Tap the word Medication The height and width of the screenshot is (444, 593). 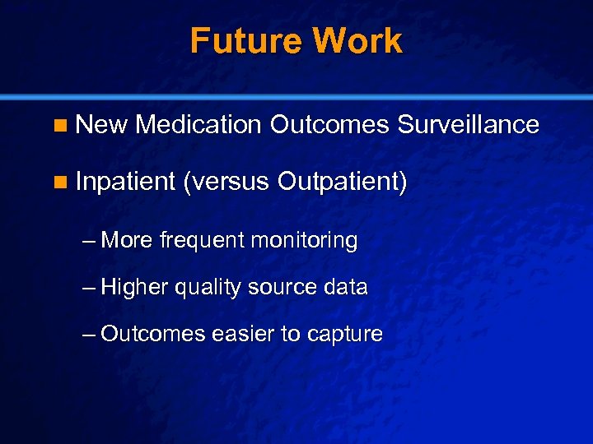coord(198,125)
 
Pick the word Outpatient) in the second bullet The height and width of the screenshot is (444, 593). coord(343,182)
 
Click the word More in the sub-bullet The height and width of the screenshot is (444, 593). coord(127,241)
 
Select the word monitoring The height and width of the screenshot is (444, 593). coord(305,242)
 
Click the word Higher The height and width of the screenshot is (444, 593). coord(135,288)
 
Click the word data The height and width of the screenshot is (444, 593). coord(347,288)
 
